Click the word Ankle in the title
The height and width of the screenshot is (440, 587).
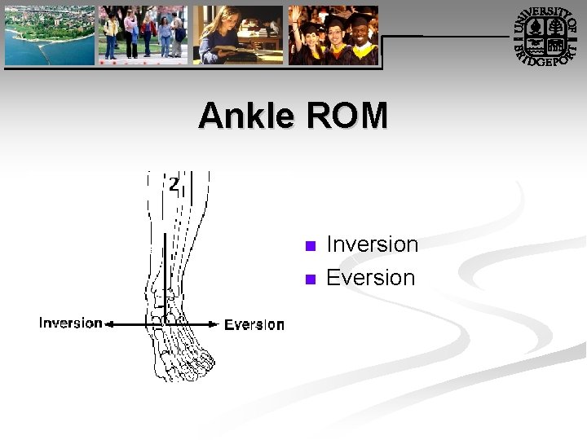point(247,116)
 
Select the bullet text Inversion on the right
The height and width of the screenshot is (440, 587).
point(372,244)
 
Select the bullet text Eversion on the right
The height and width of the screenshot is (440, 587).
point(370,278)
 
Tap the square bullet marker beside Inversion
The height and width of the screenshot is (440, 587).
point(309,246)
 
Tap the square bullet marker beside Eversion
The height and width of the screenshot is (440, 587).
point(309,279)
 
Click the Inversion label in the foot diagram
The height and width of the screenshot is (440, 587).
point(71,323)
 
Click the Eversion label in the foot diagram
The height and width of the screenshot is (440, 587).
point(254,324)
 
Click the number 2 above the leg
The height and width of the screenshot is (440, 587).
point(174,184)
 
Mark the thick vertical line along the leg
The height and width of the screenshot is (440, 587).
point(166,269)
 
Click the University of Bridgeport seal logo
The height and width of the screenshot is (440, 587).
point(546,37)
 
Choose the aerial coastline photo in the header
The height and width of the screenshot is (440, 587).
point(49,36)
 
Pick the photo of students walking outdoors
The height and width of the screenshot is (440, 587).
point(143,36)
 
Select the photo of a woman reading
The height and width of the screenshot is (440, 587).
point(238,36)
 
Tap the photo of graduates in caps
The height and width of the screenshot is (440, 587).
point(333,36)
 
